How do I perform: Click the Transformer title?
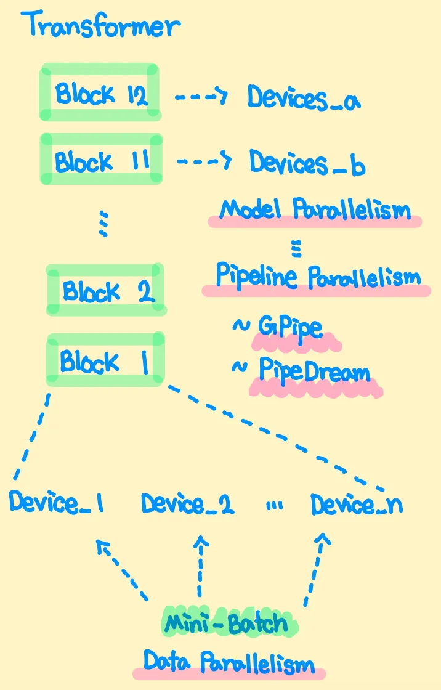pos(101,26)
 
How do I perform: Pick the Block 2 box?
pos(105,290)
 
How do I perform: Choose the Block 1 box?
pos(105,360)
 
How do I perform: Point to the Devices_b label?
pos(306,163)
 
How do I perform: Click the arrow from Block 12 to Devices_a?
pos(201,97)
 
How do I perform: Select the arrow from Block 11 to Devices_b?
pos(203,161)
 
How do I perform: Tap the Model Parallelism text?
pos(315,210)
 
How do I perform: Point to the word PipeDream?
pos(314,371)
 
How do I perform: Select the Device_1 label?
pos(56,503)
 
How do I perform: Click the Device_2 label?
pos(187,504)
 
